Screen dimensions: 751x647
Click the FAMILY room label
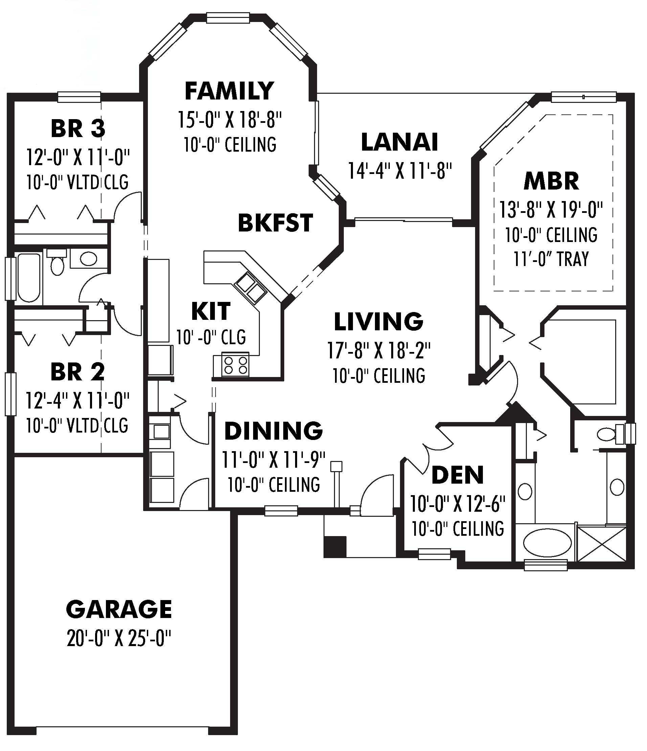pos(229,91)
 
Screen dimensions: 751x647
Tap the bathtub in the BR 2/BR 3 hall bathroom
pos(29,278)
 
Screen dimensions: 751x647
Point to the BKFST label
pos(275,223)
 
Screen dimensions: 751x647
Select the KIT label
pos(210,311)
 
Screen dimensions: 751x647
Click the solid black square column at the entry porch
pos(335,547)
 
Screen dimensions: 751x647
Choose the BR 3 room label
pos(78,128)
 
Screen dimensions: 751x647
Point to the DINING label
pos(274,430)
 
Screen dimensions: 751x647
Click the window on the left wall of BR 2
pos(10,394)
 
